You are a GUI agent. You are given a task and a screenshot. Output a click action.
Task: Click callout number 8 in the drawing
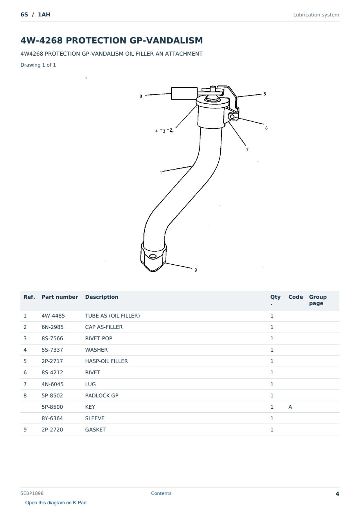141,96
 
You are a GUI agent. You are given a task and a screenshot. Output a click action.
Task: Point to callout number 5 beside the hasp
265,94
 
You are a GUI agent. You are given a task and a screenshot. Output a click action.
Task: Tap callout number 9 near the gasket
196,270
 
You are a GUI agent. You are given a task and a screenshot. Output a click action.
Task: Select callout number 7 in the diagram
247,150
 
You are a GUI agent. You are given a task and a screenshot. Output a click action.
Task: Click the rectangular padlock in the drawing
184,94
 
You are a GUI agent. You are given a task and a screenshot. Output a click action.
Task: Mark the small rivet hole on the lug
232,117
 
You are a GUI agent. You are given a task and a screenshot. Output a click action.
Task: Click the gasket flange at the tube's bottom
153,258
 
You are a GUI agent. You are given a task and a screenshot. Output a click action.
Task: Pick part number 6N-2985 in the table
52,327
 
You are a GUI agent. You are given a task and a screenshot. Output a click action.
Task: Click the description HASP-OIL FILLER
106,361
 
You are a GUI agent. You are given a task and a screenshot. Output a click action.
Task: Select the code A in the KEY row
290,407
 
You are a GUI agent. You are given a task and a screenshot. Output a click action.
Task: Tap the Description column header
101,297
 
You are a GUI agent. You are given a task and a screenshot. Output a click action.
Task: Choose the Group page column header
317,300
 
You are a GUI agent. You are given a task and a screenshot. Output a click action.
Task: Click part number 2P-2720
52,430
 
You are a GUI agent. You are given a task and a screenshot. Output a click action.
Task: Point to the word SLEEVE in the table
95,418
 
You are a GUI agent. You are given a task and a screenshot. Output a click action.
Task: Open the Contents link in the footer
161,493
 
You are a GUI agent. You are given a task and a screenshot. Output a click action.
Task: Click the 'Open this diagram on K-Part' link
56,503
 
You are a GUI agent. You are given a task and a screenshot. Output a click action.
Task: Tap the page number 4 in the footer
337,494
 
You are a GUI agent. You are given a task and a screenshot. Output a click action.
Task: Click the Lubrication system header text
316,15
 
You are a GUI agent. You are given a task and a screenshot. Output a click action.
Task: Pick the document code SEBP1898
32,493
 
